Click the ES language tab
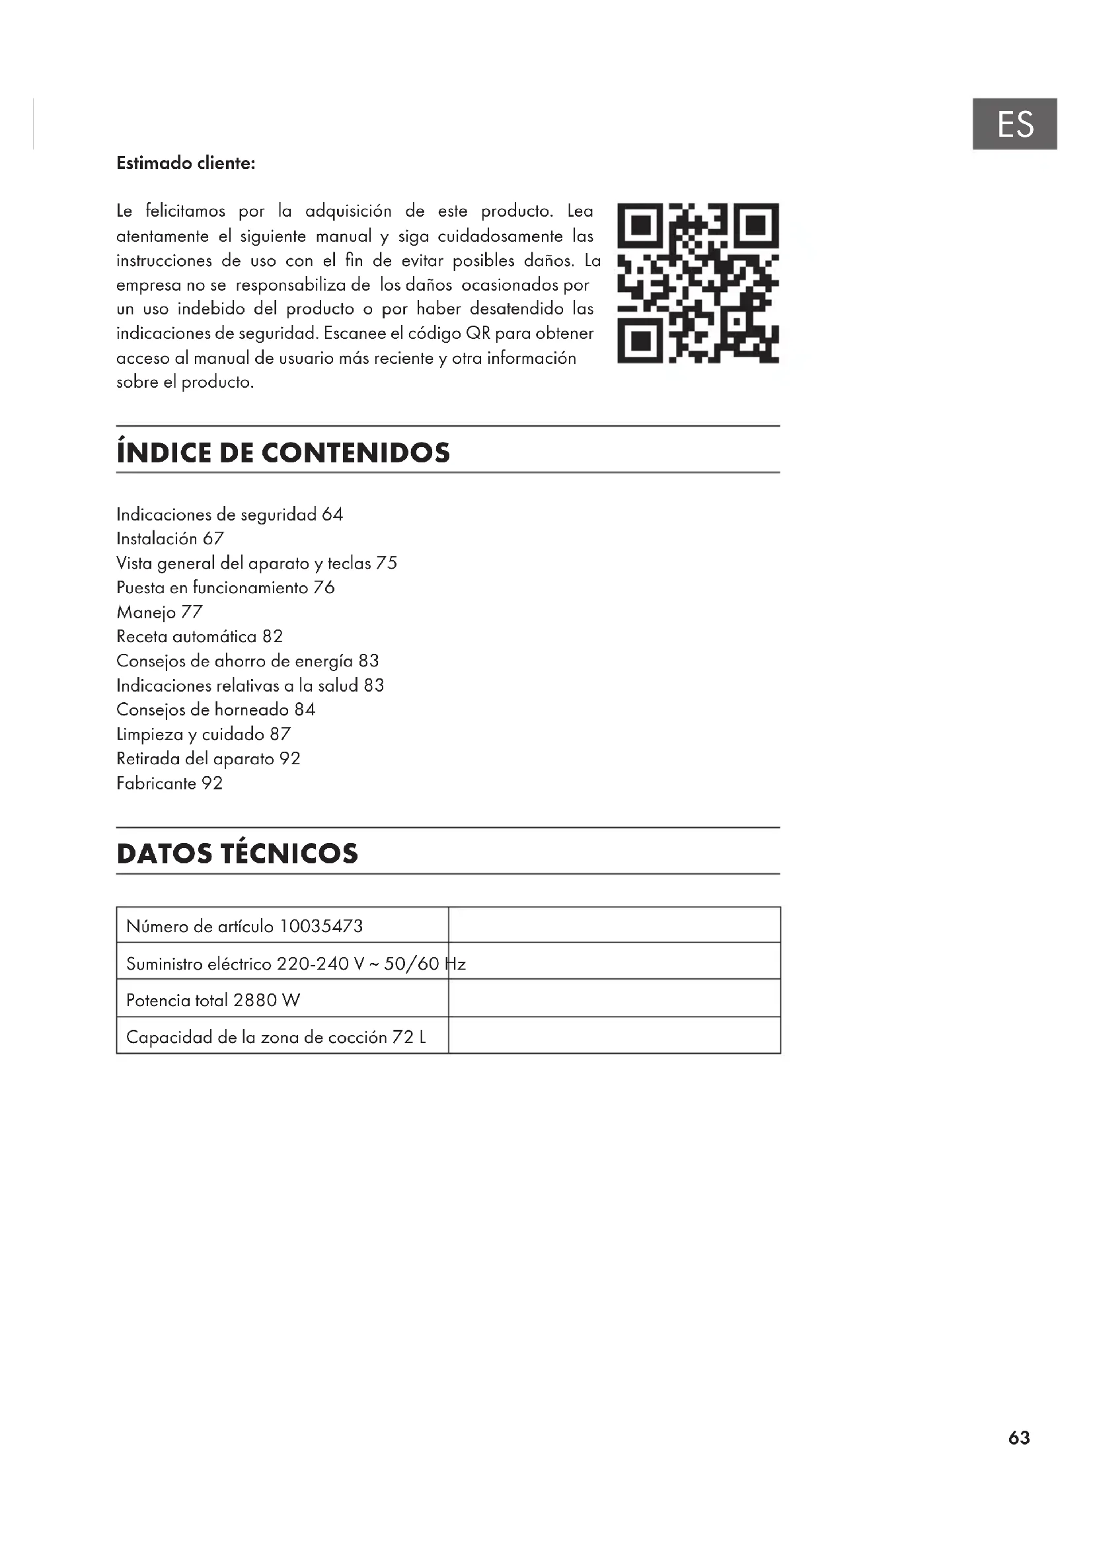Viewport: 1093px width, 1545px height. [1014, 124]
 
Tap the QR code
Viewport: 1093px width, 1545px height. [698, 283]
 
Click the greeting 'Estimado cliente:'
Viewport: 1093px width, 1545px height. [186, 164]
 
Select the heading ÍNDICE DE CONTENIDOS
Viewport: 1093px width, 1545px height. [283, 452]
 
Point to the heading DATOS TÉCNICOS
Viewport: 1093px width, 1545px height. [237, 853]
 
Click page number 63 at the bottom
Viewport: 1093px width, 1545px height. [1019, 1437]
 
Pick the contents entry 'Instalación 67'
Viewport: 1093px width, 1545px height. [170, 538]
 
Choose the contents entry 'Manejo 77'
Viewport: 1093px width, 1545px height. [159, 612]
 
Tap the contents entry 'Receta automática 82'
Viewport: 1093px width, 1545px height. [199, 636]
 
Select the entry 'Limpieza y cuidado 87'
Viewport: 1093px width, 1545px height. [204, 733]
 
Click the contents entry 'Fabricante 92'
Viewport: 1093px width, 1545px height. [169, 783]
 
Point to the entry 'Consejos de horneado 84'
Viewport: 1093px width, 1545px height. [215, 709]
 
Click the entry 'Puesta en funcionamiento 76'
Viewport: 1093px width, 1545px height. [225, 587]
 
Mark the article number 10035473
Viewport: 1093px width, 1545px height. [321, 926]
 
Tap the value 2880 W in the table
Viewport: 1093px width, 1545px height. [266, 1000]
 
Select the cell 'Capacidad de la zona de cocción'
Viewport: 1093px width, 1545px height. [256, 1037]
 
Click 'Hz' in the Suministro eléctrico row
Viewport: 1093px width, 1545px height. [456, 964]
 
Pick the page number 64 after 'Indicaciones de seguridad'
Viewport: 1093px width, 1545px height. [332, 514]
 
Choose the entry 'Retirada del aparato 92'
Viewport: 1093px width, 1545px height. [208, 758]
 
